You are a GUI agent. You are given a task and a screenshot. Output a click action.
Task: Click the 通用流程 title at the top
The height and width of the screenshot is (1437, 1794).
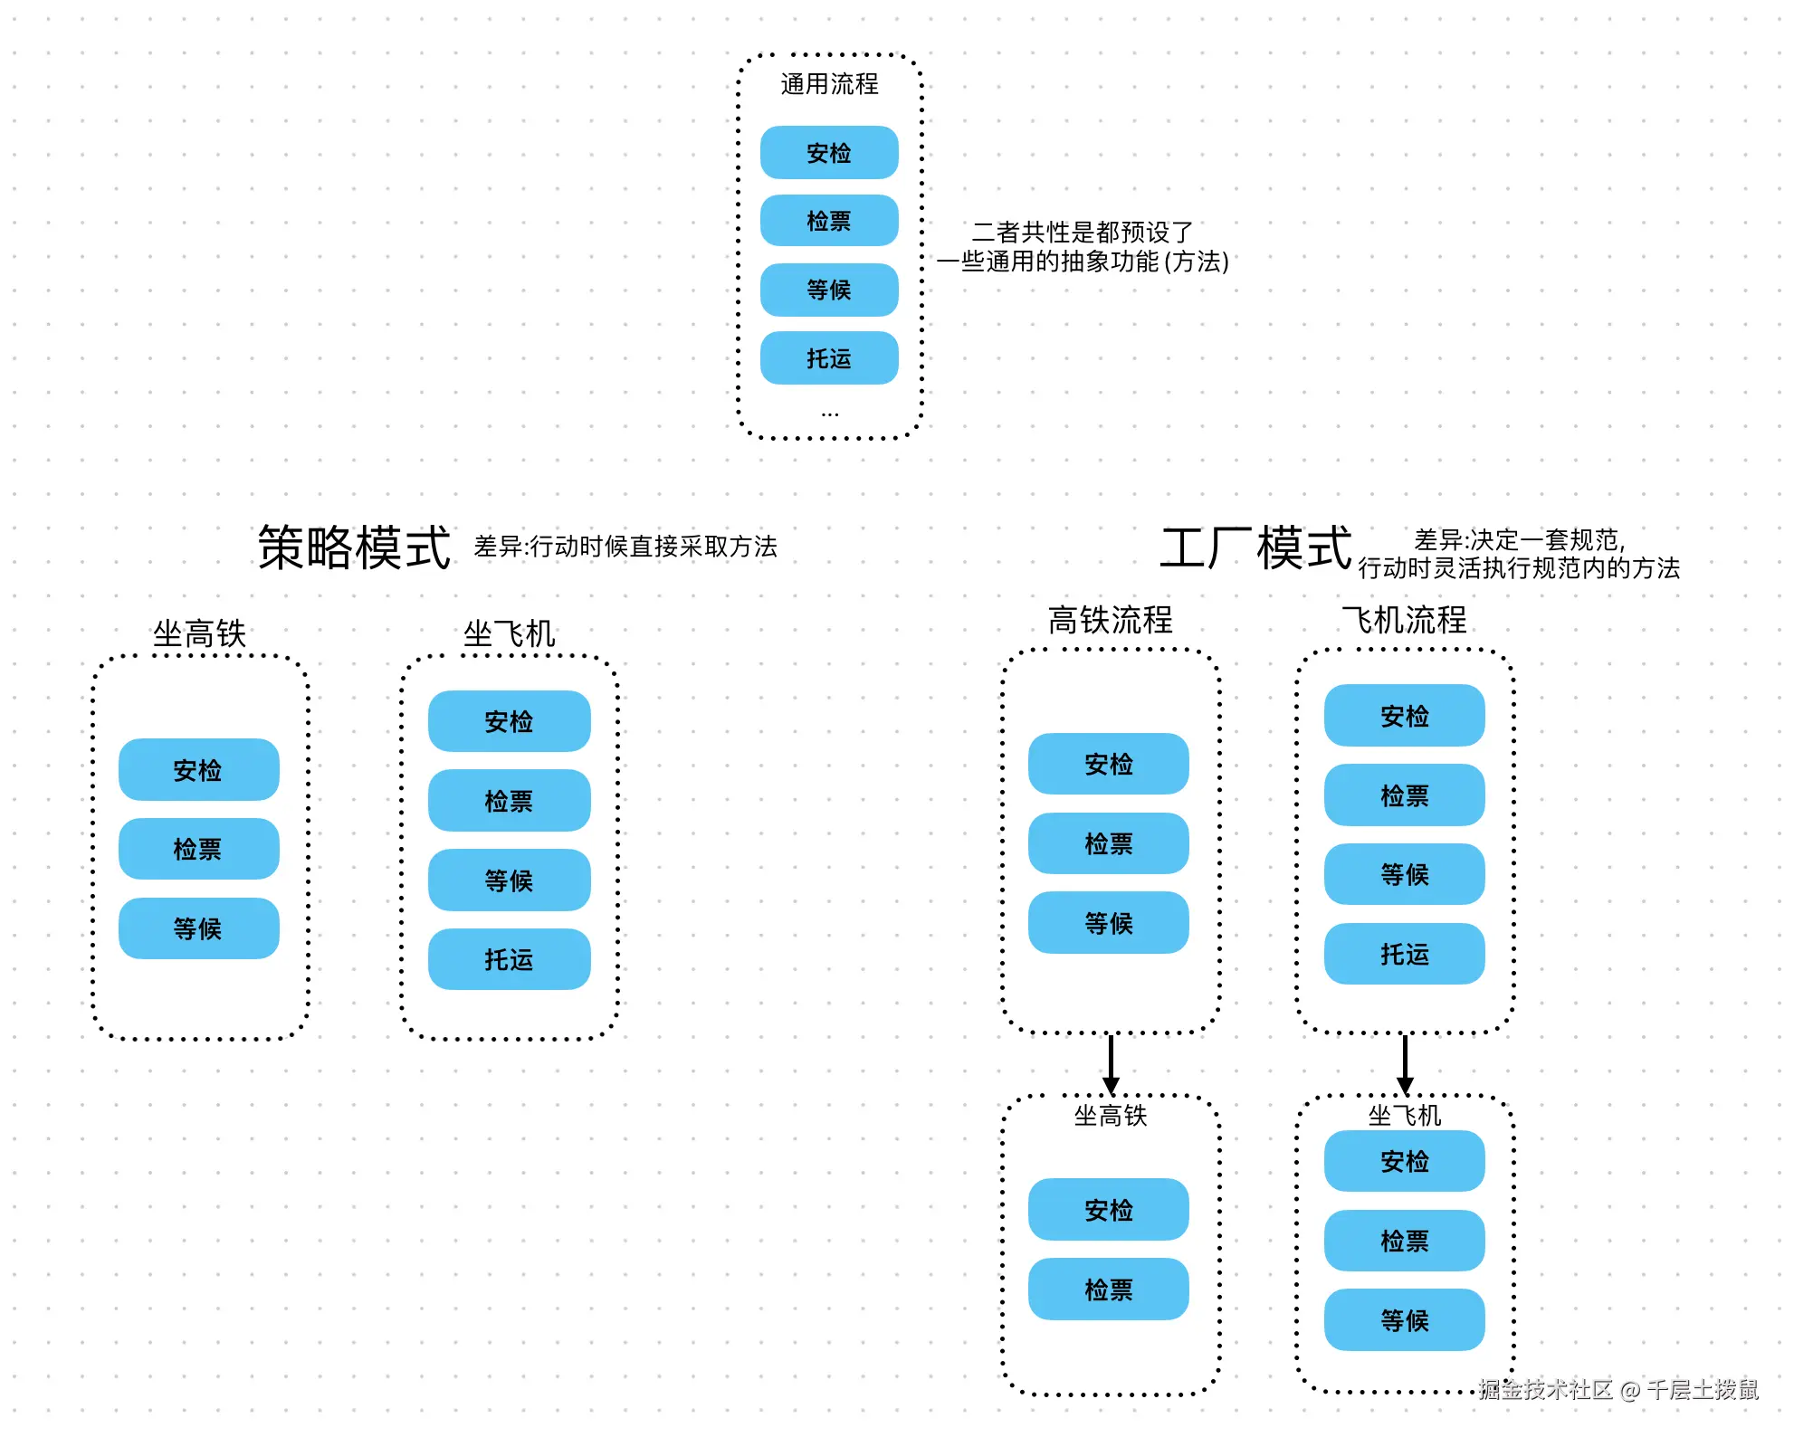click(829, 84)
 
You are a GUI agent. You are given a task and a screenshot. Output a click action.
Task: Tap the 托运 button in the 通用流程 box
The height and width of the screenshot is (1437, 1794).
click(829, 358)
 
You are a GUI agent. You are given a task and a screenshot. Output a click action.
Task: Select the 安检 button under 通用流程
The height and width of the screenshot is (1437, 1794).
click(829, 153)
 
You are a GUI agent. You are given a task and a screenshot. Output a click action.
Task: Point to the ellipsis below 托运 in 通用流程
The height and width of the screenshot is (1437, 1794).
click(829, 414)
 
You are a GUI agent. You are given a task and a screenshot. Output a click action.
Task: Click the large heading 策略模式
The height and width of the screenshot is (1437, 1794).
click(354, 547)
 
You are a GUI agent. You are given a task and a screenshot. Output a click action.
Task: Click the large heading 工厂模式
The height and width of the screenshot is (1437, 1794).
click(1255, 547)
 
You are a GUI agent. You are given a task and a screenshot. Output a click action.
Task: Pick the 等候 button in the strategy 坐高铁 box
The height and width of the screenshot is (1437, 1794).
click(198, 928)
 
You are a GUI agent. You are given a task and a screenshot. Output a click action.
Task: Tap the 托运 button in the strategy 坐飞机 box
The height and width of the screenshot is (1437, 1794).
click(509, 959)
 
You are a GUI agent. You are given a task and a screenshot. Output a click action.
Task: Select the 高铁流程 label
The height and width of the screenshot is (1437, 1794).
click(1110, 620)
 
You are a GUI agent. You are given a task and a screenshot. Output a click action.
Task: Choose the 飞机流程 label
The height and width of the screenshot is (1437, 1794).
click(1404, 620)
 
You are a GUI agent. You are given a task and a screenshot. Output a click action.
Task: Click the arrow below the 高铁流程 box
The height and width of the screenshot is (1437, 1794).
click(1111, 1064)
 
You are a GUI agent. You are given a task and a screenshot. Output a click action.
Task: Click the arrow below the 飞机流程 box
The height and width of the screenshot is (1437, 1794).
click(1405, 1064)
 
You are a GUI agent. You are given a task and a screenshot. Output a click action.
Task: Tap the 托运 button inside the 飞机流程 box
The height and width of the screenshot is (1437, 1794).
click(1404, 954)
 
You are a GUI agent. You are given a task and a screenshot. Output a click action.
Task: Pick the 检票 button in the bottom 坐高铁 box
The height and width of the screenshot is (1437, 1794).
click(1108, 1289)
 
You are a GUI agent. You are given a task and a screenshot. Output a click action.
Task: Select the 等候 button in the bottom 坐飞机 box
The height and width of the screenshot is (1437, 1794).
click(1404, 1320)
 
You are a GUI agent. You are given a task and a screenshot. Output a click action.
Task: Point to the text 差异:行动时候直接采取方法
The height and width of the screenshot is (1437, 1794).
click(625, 547)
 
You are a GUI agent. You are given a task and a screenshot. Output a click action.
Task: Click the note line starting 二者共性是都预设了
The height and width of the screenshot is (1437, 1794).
click(1083, 233)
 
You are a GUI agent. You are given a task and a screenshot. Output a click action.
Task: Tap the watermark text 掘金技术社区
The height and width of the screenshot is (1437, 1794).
click(1545, 1389)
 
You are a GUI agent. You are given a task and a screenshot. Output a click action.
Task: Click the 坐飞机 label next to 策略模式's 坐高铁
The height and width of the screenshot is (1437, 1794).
click(509, 633)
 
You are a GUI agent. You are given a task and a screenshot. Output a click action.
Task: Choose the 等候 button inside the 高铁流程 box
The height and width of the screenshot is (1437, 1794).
click(1108, 923)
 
